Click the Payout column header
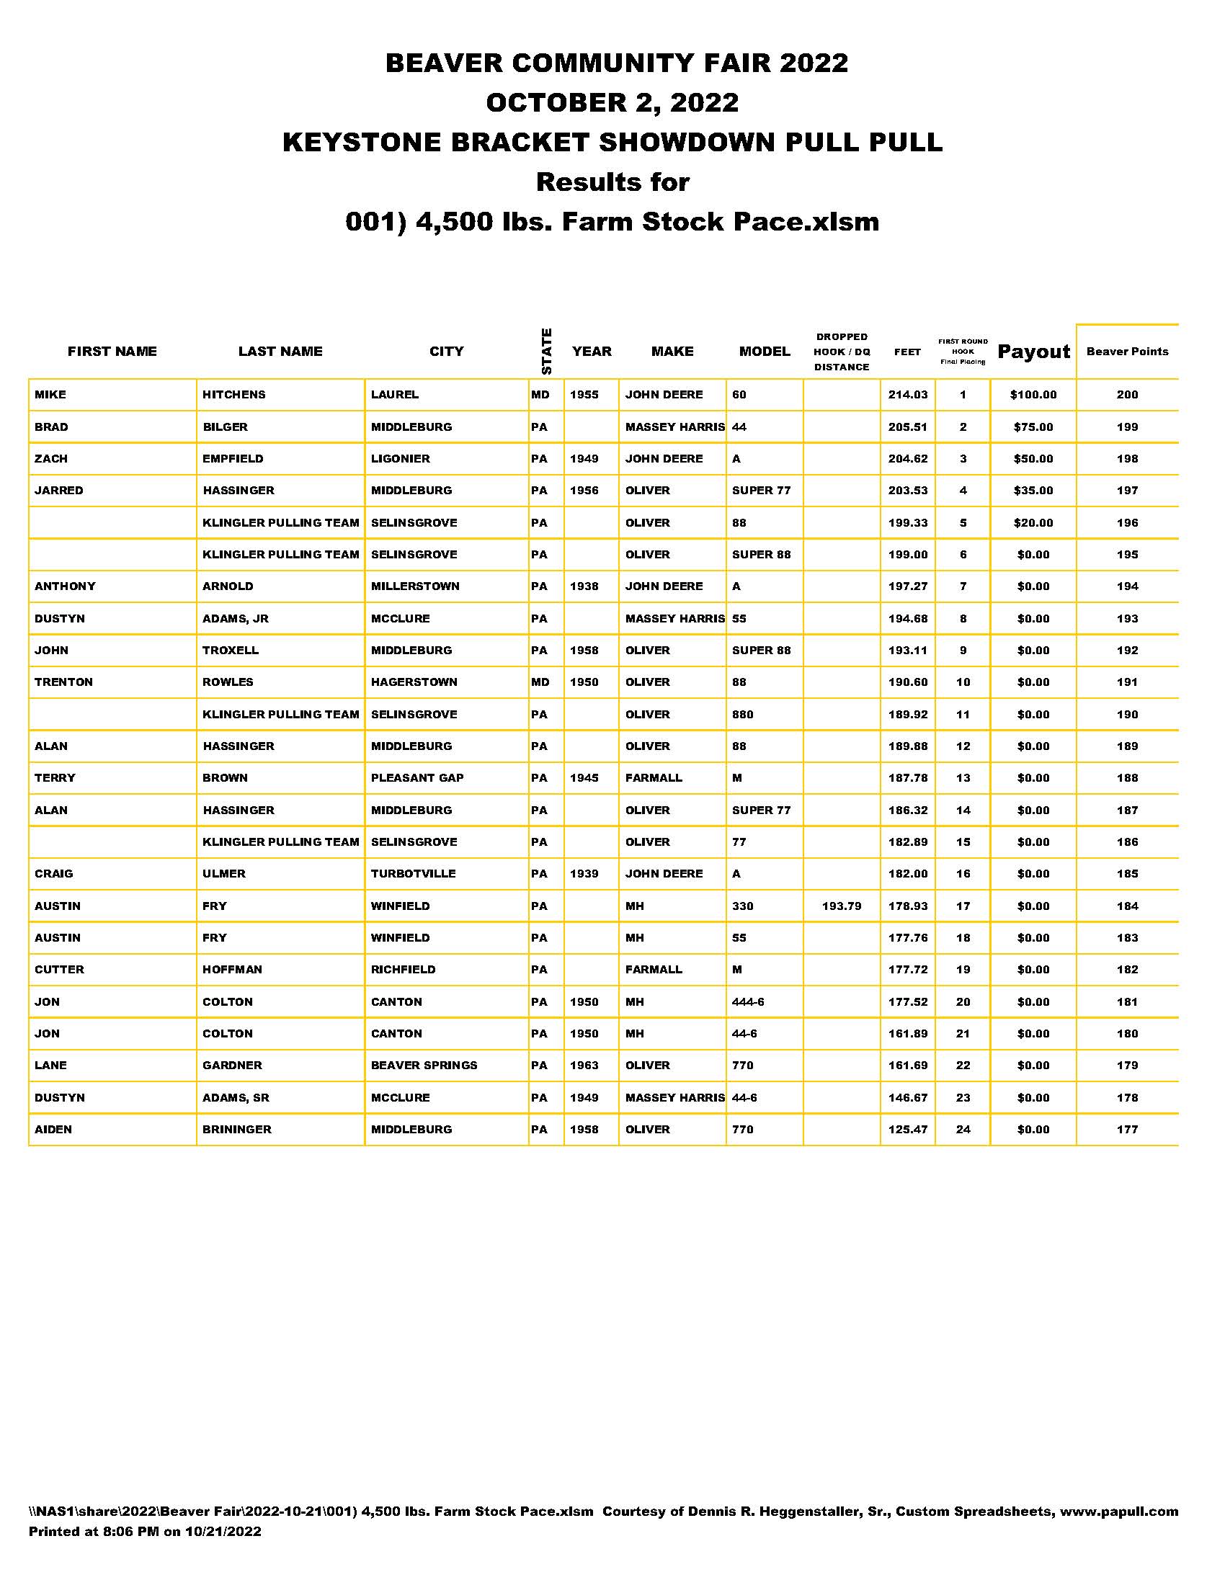click(x=1033, y=352)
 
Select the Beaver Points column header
click(x=1127, y=352)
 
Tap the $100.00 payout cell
click(x=1033, y=395)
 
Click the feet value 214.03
click(x=907, y=395)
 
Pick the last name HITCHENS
click(x=233, y=395)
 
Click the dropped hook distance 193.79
click(x=841, y=906)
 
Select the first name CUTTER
click(x=60, y=970)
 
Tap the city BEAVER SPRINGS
click(x=424, y=1066)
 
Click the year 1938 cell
click(x=584, y=586)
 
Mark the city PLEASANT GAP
click(x=416, y=778)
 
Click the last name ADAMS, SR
click(x=236, y=1097)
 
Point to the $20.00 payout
click(x=1033, y=522)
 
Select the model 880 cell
click(x=742, y=714)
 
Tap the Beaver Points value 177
click(x=1127, y=1129)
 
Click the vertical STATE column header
click(x=546, y=352)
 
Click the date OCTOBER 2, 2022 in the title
click(x=612, y=102)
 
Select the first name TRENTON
click(x=64, y=682)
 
